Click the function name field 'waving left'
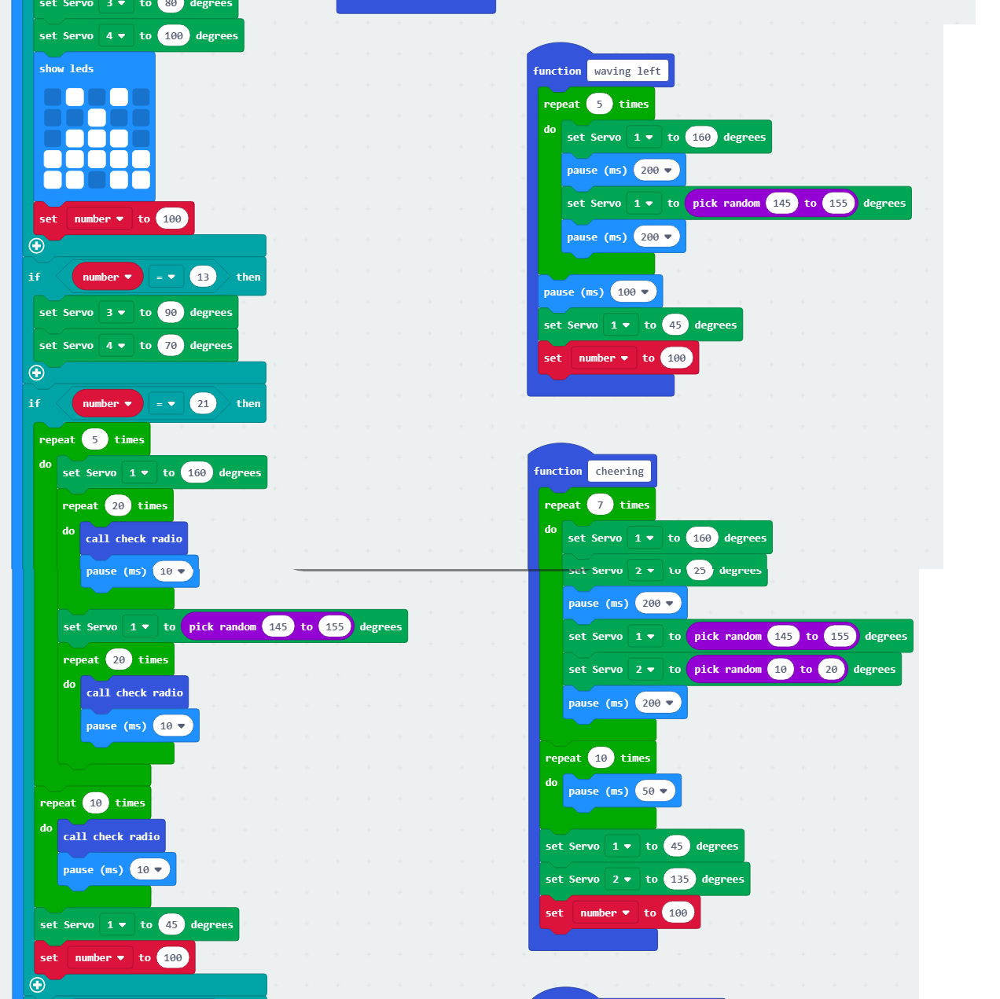point(627,71)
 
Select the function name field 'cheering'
point(619,471)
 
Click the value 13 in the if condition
point(203,277)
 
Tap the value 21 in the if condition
point(203,403)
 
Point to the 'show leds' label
point(66,68)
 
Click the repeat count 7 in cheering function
point(600,505)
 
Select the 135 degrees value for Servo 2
point(679,879)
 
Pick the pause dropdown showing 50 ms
point(654,791)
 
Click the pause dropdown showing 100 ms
point(632,292)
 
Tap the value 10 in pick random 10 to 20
point(780,669)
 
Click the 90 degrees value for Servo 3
point(171,312)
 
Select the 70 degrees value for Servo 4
point(171,345)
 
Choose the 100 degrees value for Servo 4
point(173,35)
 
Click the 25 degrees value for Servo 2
point(699,570)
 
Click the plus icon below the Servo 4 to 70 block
point(36,373)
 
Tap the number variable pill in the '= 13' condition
point(107,277)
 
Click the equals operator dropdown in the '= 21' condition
point(165,403)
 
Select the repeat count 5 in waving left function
point(599,104)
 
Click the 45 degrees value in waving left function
point(675,325)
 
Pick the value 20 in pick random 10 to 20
point(831,669)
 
